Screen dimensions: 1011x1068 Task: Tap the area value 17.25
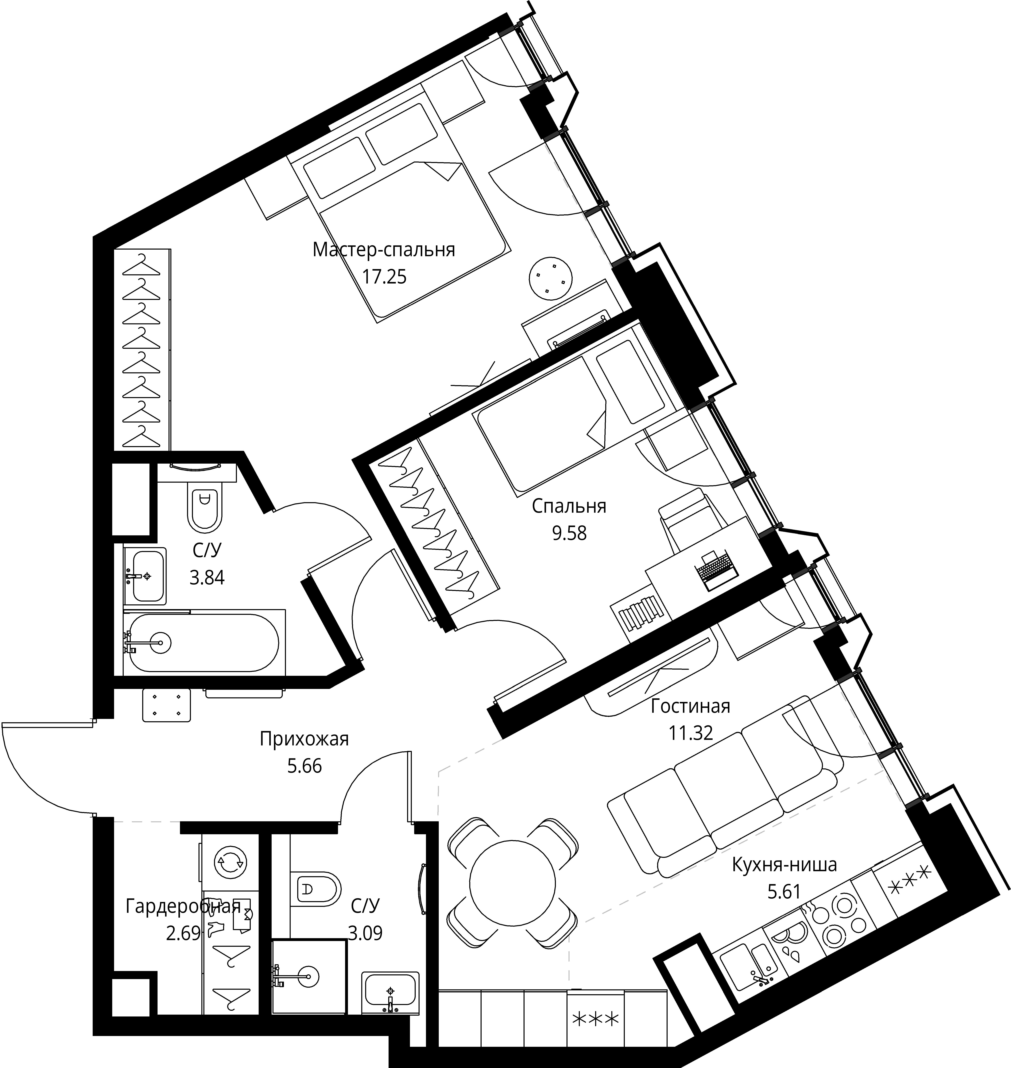(x=384, y=277)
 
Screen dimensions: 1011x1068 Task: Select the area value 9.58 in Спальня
(x=569, y=533)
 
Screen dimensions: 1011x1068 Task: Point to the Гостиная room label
(x=690, y=706)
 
